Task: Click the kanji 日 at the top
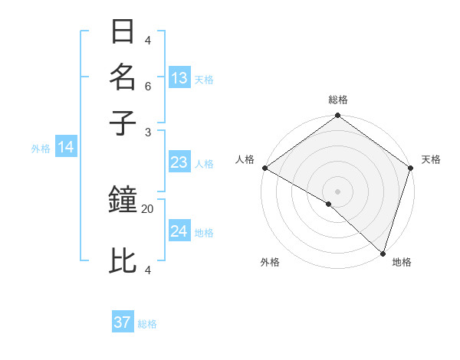(x=123, y=32)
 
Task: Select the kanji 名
(x=123, y=77)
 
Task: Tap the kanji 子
(x=123, y=123)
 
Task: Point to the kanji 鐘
(x=123, y=201)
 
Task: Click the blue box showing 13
(x=179, y=78)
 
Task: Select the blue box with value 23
(x=179, y=162)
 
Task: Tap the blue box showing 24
(x=179, y=231)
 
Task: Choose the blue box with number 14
(x=66, y=148)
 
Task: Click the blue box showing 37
(x=123, y=322)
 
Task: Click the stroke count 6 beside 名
(x=148, y=87)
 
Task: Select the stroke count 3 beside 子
(x=148, y=132)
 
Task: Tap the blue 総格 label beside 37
(x=147, y=324)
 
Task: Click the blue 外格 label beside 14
(x=41, y=149)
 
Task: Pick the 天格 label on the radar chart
(x=431, y=159)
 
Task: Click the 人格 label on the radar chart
(x=245, y=159)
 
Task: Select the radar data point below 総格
(x=337, y=116)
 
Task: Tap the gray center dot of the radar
(x=337, y=191)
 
